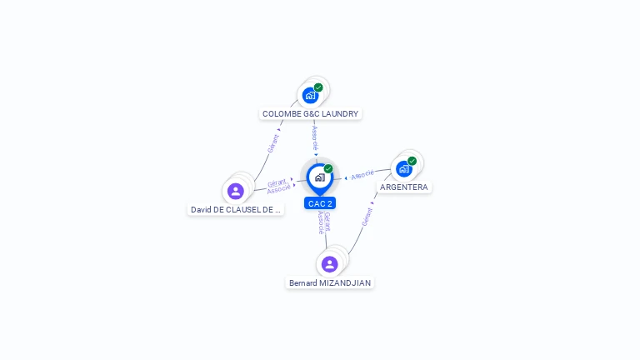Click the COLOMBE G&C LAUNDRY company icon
(310, 95)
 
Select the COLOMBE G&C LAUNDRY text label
(310, 113)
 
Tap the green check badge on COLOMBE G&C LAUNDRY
(318, 87)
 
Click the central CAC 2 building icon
(319, 177)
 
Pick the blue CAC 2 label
(320, 203)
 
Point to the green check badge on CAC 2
(328, 169)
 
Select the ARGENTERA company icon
(403, 168)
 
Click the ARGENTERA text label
(404, 187)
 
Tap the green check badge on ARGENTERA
(412, 161)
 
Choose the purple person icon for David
(236, 191)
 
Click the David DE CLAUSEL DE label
(236, 210)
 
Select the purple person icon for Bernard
(329, 264)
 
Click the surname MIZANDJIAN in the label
(346, 283)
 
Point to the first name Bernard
(303, 283)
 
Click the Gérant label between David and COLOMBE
(272, 142)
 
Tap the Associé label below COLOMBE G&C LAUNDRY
(314, 136)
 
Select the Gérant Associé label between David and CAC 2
(278, 187)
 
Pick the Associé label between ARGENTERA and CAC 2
(363, 175)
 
